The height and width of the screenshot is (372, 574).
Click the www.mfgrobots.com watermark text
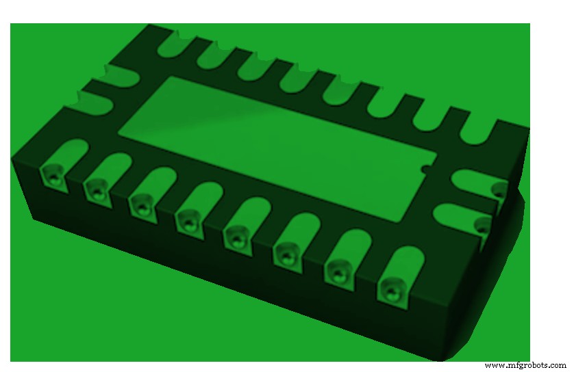click(x=525, y=365)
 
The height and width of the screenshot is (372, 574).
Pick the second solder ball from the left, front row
click(x=96, y=188)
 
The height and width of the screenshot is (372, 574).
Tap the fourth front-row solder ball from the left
click(x=186, y=220)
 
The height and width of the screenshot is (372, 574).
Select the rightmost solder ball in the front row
click(x=390, y=289)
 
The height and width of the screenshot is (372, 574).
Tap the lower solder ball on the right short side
click(x=483, y=224)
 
